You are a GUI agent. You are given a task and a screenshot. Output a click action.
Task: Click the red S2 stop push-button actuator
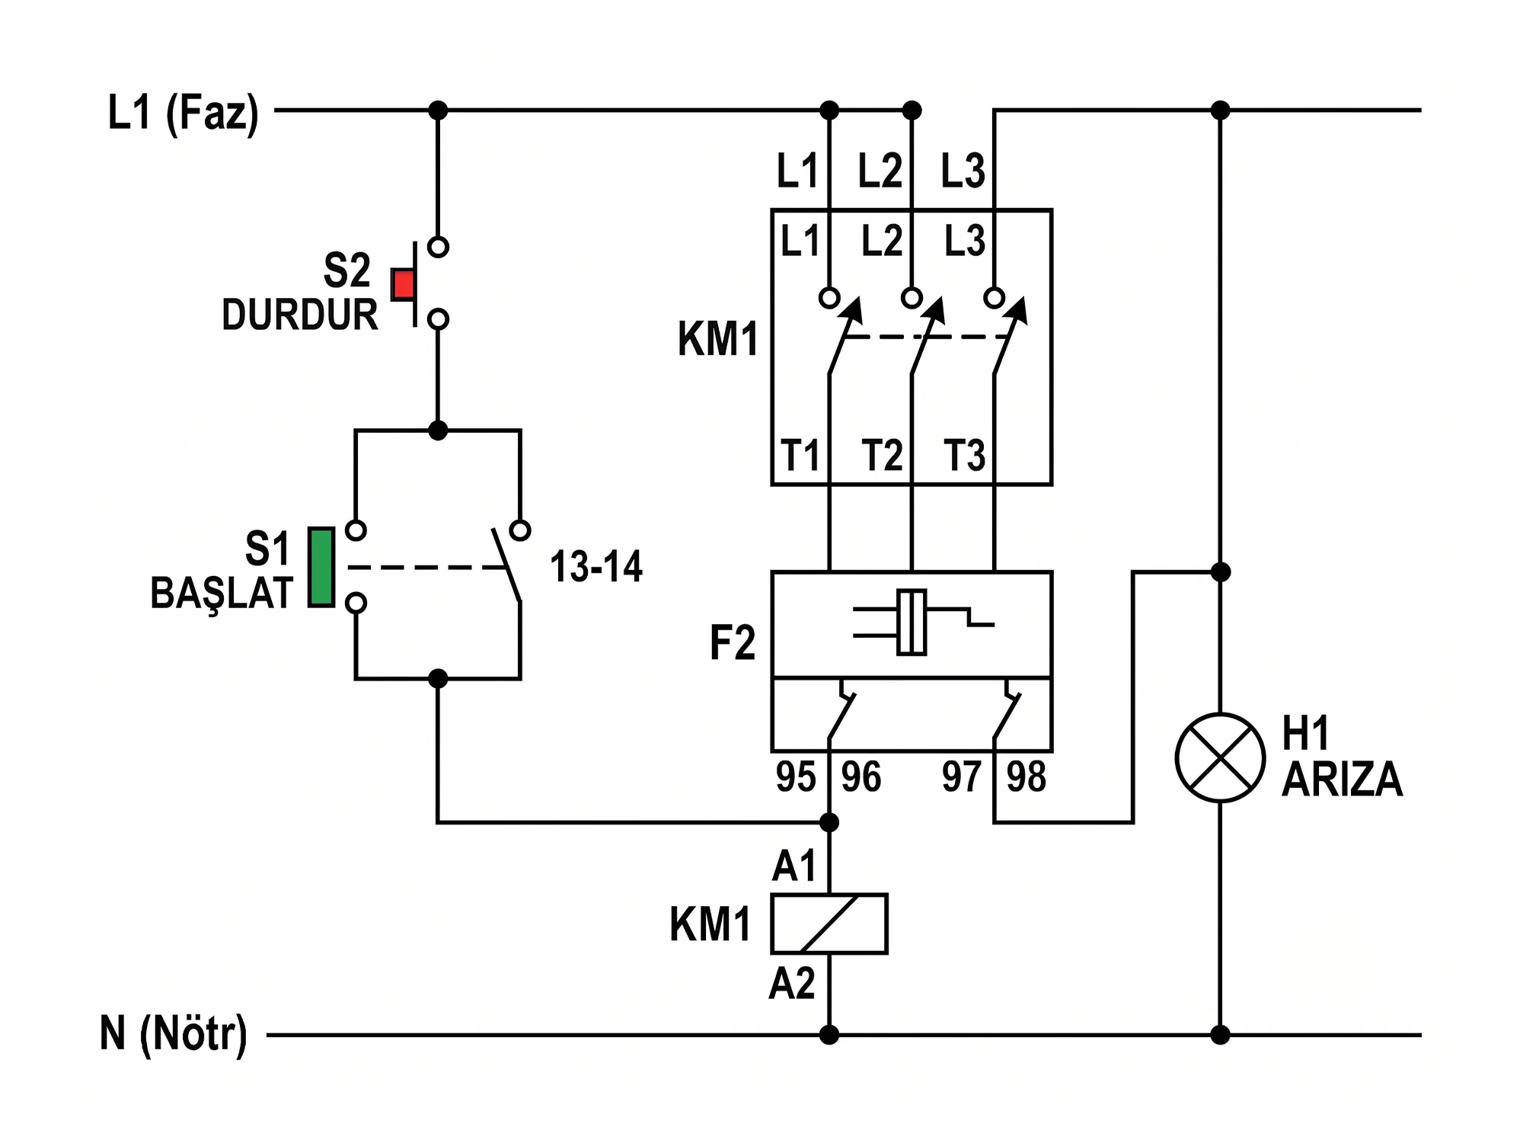pos(404,284)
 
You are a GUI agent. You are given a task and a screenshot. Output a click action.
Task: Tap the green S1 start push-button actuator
pos(321,568)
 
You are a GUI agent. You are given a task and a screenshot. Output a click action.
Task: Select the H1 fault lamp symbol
pos(1220,758)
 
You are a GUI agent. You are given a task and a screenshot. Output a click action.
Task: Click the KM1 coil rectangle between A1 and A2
pos(829,924)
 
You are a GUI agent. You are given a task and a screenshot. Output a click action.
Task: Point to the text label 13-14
pos(596,567)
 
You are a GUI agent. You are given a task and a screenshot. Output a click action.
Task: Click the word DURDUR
pos(300,315)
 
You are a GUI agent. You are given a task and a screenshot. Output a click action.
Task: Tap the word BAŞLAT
pos(222,594)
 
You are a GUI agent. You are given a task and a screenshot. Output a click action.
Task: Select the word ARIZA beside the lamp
pos(1343,779)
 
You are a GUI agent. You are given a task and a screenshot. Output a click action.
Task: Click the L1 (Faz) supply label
pos(184,114)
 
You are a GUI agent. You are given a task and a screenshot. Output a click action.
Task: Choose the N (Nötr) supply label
pos(174,1034)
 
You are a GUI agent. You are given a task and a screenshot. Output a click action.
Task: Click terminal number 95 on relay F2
pos(796,777)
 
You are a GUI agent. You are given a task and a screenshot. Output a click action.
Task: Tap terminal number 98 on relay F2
pos(1027,777)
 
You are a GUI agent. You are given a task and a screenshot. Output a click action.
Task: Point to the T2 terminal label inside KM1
pos(882,456)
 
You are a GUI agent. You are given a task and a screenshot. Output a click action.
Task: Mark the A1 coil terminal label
pos(794,866)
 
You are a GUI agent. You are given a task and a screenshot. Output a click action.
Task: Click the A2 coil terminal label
pos(792,983)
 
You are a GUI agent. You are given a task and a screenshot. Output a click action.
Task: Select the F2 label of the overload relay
pos(733,642)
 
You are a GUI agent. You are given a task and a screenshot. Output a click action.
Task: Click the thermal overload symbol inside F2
pos(923,622)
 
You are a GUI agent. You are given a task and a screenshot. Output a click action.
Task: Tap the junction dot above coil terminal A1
pos(829,822)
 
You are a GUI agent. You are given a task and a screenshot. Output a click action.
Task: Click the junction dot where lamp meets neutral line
pos(1220,1035)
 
